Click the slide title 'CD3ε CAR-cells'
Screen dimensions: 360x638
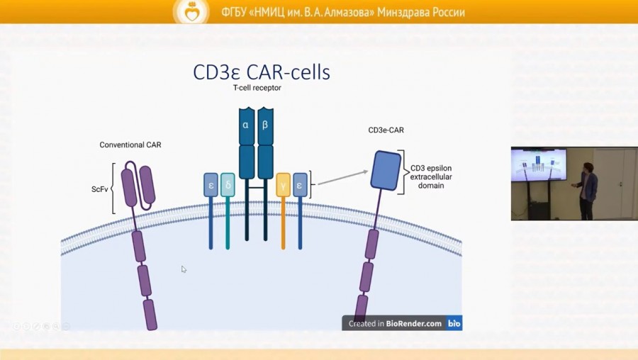click(x=262, y=72)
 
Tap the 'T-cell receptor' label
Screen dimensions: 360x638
click(x=257, y=89)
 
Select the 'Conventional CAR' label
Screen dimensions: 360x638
click(x=130, y=145)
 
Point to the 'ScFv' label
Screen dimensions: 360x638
click(x=99, y=189)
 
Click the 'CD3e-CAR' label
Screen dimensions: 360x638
click(x=386, y=130)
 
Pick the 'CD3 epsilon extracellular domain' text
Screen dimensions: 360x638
click(x=431, y=176)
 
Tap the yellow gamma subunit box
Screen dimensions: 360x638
click(x=284, y=185)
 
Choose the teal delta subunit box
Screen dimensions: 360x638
click(x=228, y=185)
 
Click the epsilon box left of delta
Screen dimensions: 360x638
click(x=211, y=185)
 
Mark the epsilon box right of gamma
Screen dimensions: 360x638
click(x=301, y=185)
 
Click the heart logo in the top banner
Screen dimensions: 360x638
click(x=191, y=11)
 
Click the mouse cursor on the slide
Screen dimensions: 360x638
click(x=184, y=269)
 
